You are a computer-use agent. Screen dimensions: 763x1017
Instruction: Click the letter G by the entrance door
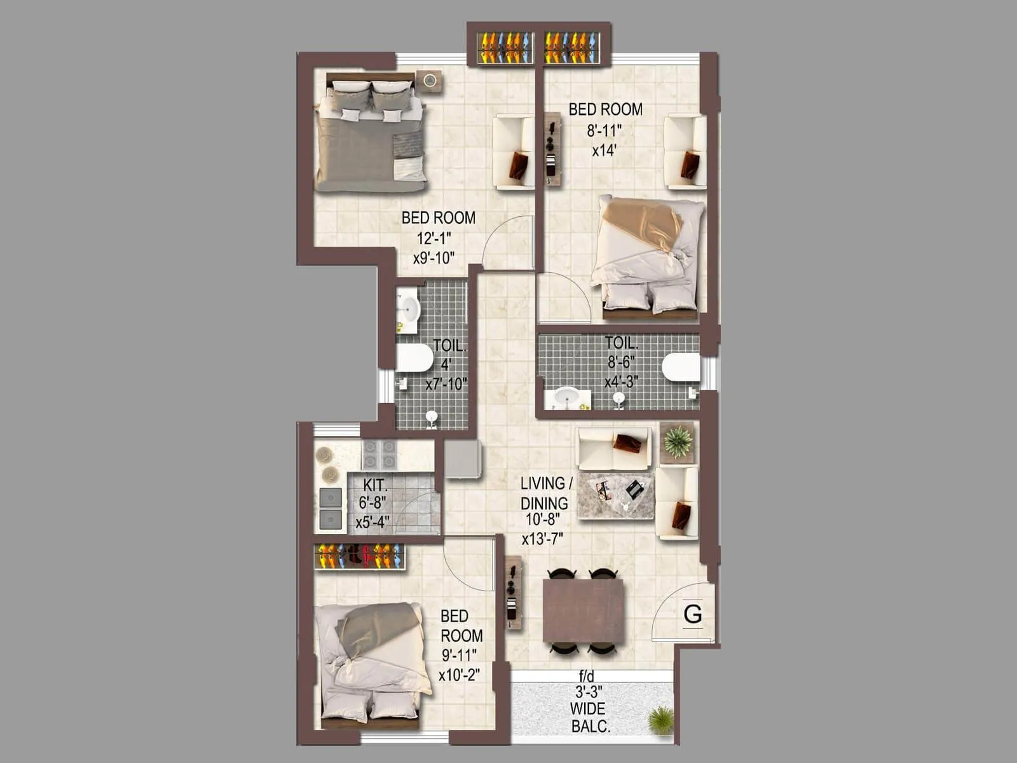click(x=693, y=614)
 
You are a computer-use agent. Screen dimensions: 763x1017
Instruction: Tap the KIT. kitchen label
click(x=374, y=485)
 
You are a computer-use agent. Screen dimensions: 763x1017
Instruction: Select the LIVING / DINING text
click(x=546, y=493)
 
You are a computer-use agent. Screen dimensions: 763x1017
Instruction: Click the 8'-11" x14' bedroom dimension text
click(x=604, y=141)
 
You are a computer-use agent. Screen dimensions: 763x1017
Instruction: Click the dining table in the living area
click(x=584, y=611)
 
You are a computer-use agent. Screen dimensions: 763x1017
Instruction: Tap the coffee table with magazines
click(x=615, y=495)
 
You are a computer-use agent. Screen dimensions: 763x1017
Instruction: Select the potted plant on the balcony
click(x=660, y=720)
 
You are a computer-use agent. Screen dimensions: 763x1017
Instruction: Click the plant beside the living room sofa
click(x=678, y=441)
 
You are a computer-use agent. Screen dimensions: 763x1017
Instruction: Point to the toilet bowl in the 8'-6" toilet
click(x=680, y=368)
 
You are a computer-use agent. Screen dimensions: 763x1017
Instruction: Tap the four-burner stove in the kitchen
click(x=379, y=455)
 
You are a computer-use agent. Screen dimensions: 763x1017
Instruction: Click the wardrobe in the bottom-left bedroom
click(x=359, y=556)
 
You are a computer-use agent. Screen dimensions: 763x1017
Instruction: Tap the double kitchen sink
click(x=331, y=507)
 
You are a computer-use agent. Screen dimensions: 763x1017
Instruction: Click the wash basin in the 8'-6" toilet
click(x=566, y=397)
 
